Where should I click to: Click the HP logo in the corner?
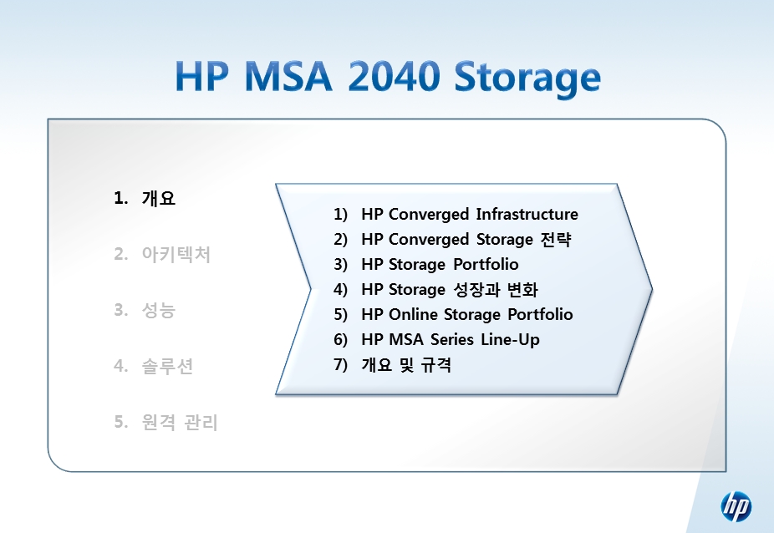click(736, 506)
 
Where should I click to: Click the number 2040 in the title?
click(394, 77)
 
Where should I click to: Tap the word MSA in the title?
click(288, 77)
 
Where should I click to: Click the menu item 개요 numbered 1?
click(159, 198)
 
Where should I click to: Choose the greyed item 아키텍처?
click(176, 254)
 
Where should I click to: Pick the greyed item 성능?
click(159, 310)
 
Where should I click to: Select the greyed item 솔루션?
click(167, 366)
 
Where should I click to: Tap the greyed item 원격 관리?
click(180, 422)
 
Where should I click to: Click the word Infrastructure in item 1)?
click(527, 214)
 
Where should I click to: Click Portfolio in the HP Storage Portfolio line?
click(486, 264)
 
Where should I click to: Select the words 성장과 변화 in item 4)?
click(496, 289)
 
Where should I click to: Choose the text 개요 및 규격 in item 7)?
click(406, 365)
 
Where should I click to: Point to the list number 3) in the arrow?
click(340, 265)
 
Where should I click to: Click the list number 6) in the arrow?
click(340, 339)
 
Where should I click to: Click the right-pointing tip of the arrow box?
click(652, 290)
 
